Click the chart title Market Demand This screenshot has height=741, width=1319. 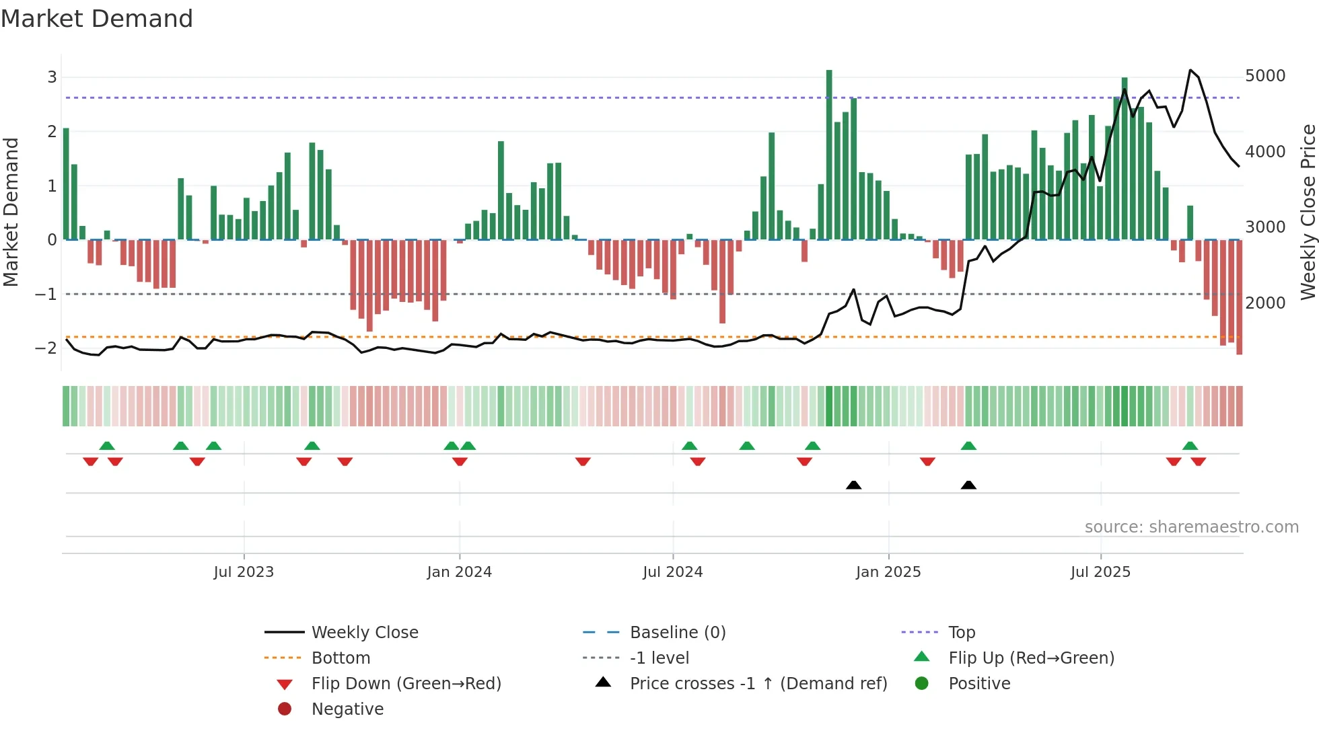(x=97, y=19)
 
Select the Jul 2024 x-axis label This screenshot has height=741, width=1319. (x=672, y=572)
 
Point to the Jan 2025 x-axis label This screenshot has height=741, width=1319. (x=888, y=572)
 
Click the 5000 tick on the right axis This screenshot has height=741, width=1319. (x=1265, y=76)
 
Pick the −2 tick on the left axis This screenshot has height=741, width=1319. (x=46, y=348)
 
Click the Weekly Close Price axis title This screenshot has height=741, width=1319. (x=1308, y=212)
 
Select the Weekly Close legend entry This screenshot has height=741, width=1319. (x=364, y=633)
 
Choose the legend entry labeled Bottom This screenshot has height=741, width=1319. (x=341, y=658)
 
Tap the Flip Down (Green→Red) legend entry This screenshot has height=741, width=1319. (x=406, y=684)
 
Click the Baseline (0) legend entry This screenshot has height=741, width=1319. (x=678, y=633)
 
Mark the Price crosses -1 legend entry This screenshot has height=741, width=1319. (x=758, y=684)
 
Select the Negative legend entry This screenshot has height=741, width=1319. (x=347, y=709)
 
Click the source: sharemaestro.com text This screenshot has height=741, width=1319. (x=1191, y=527)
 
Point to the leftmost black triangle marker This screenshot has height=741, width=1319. (x=853, y=485)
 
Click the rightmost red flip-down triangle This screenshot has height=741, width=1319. (x=1198, y=461)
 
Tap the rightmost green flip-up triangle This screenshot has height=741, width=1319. (x=1190, y=446)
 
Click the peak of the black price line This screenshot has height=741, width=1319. (x=1190, y=70)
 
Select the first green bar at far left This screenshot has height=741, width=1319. (x=66, y=183)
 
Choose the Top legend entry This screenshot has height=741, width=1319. (x=962, y=633)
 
